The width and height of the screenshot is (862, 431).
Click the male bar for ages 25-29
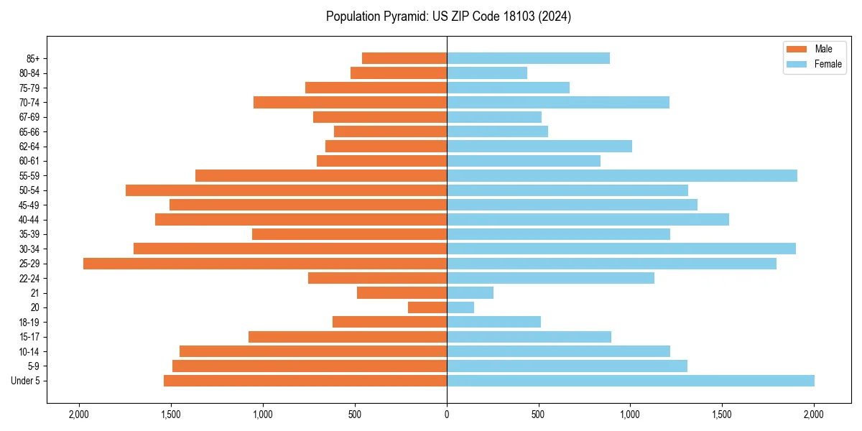(x=265, y=264)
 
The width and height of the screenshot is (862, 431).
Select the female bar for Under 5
(x=631, y=381)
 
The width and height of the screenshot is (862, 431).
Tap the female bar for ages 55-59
(x=622, y=175)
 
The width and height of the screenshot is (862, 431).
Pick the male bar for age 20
(x=427, y=307)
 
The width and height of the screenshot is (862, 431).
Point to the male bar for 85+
(x=404, y=58)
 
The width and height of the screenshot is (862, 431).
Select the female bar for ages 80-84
(x=487, y=73)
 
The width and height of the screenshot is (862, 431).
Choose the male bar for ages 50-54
(x=286, y=190)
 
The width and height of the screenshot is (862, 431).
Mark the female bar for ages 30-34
(x=621, y=249)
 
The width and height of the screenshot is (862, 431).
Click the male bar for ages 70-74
(x=350, y=102)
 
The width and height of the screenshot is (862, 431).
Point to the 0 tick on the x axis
(x=447, y=414)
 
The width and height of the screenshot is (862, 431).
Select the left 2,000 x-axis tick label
(x=79, y=414)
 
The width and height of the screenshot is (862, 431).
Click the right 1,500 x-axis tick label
(x=722, y=414)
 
